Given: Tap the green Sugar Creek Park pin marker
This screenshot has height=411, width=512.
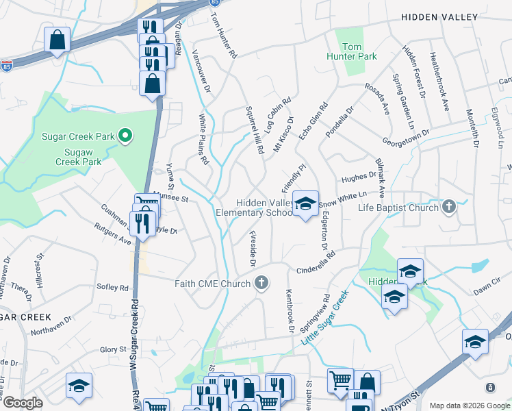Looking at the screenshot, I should click(125, 136).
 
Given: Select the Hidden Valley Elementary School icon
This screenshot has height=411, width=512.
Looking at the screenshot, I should click(306, 203).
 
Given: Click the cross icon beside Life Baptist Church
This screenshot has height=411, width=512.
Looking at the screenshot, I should click(448, 207).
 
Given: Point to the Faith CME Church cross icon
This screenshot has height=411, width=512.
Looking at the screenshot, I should click(260, 282).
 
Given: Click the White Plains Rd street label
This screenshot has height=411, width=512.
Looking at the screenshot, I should click(203, 140).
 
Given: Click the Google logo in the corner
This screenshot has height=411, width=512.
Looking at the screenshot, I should click(23, 403).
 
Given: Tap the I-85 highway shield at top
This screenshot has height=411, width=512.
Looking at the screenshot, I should click(215, 3).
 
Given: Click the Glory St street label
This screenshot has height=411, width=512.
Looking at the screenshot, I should click(113, 349).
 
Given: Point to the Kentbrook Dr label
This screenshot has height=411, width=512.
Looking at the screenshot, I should click(290, 310).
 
